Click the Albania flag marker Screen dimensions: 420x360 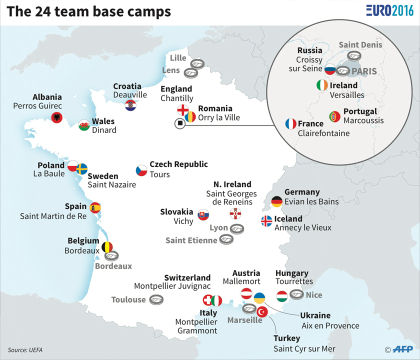(x=57, y=117)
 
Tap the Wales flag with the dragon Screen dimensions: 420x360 (x=84, y=125)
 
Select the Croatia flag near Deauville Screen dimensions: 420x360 (x=130, y=105)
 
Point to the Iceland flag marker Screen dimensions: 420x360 (x=267, y=221)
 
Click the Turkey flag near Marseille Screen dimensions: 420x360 (x=262, y=312)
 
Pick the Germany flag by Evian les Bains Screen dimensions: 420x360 (x=276, y=201)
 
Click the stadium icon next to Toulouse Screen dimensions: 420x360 (x=157, y=300)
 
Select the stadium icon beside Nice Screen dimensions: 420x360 (x=296, y=295)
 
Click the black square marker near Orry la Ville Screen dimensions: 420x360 (x=179, y=124)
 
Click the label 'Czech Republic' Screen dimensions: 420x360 (x=178, y=164)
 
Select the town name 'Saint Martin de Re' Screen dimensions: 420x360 (x=53, y=216)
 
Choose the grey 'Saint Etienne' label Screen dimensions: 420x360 (x=191, y=240)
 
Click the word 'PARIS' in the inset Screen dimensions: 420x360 (x=363, y=72)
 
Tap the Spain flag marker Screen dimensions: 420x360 (x=95, y=207)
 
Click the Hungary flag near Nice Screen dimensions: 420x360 (x=282, y=295)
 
